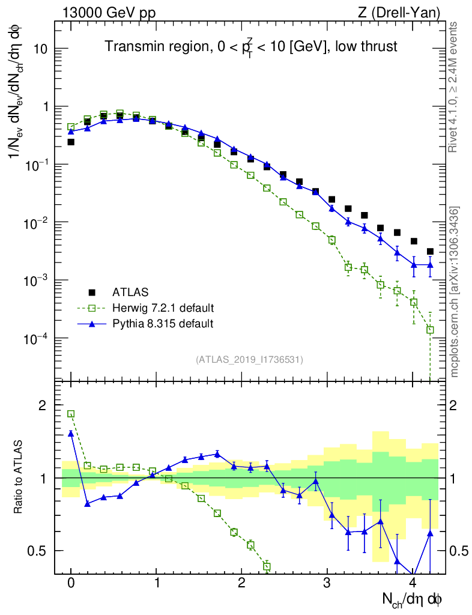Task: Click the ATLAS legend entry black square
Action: pyautogui.click(x=92, y=292)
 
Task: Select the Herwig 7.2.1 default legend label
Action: pyautogui.click(x=163, y=308)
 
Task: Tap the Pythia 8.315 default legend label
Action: pyautogui.click(x=163, y=324)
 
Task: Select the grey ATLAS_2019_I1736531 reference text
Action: pyautogui.click(x=249, y=360)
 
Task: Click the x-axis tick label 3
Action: pyautogui.click(x=327, y=583)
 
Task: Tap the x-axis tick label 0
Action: pyautogui.click(x=71, y=583)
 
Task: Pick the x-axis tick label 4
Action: pyautogui.click(x=413, y=583)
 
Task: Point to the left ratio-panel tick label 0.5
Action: pyautogui.click(x=37, y=551)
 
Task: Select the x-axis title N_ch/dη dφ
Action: pyautogui.click(x=412, y=599)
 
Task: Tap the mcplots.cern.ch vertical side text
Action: pyautogui.click(x=455, y=292)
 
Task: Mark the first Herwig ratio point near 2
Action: pyautogui.click(x=71, y=414)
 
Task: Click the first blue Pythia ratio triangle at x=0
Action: pyautogui.click(x=71, y=433)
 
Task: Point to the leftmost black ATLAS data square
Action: pyautogui.click(x=71, y=142)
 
